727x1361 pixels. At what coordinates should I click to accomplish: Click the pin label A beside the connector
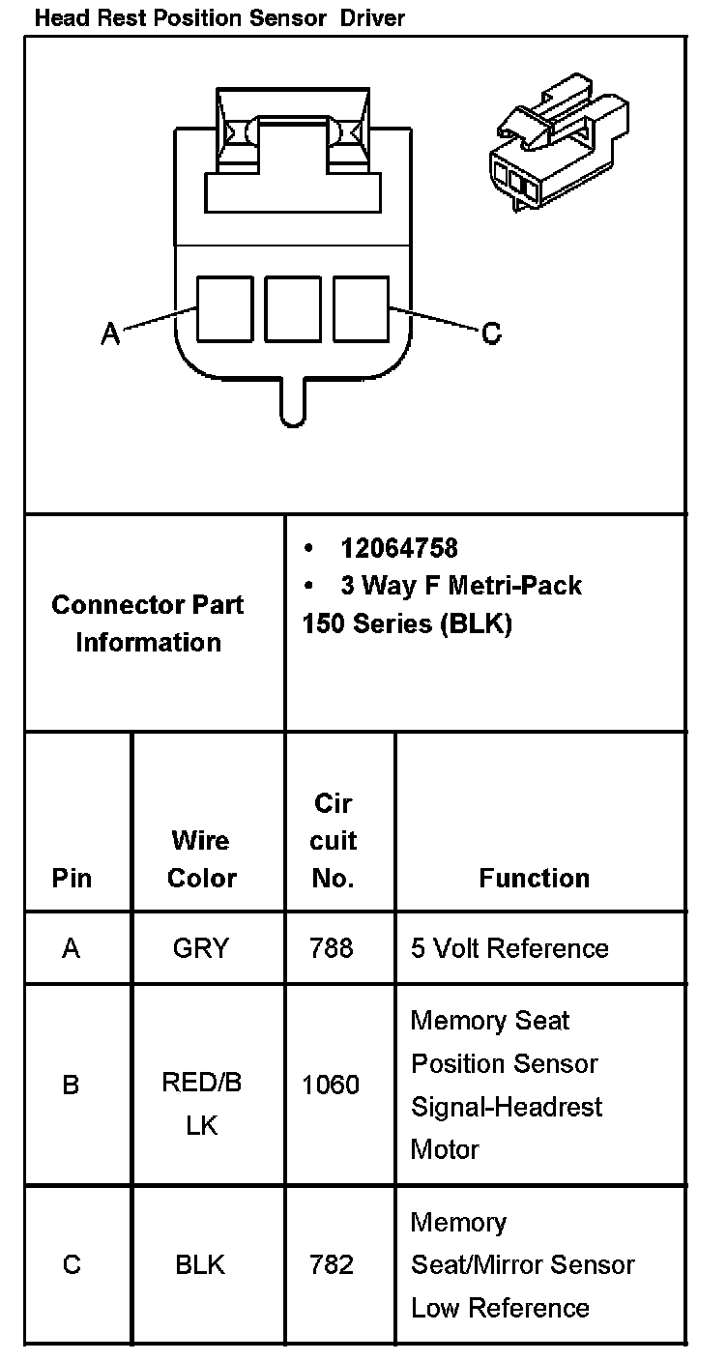point(111,334)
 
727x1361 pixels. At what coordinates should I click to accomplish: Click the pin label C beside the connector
point(491,334)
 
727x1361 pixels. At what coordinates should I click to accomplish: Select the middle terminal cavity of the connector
point(293,309)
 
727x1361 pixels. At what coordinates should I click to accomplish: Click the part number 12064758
point(398,549)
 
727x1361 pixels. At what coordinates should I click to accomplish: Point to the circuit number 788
point(332,948)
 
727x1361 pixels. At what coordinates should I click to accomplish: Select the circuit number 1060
point(331,1086)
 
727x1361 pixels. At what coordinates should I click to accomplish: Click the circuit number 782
point(332,1264)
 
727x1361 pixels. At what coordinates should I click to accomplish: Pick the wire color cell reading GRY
point(201,948)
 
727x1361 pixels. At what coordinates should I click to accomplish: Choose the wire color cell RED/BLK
point(201,1104)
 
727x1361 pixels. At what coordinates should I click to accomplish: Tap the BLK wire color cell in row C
point(200,1264)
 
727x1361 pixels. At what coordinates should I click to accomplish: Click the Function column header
point(534,878)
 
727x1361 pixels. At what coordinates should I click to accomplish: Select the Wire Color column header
point(201,858)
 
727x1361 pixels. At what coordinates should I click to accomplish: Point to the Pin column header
point(72,878)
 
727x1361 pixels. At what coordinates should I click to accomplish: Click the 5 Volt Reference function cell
point(509,948)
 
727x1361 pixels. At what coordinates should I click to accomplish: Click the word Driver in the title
point(371,17)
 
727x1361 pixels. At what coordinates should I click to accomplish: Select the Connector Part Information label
point(148,623)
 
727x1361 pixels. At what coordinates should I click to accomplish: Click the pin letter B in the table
point(71,1086)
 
